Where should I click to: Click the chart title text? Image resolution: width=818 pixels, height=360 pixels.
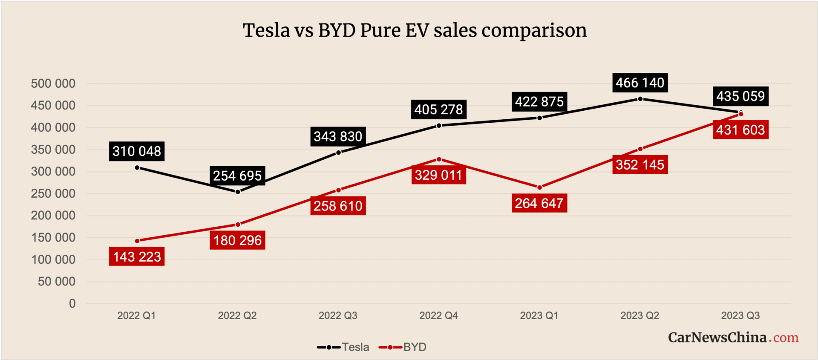pyautogui.click(x=415, y=31)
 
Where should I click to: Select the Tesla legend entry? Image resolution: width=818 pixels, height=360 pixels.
pyautogui.click(x=343, y=347)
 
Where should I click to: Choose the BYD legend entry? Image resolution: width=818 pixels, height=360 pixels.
pyautogui.click(x=403, y=347)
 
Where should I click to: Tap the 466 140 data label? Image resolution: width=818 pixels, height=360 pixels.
pyautogui.click(x=640, y=83)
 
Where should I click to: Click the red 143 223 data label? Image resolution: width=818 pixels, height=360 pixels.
pyautogui.click(x=137, y=257)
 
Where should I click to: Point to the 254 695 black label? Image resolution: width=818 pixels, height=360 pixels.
pyautogui.click(x=237, y=176)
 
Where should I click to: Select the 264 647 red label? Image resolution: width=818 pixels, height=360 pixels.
pyautogui.click(x=539, y=203)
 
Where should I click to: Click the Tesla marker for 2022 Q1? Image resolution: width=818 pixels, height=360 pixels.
pyautogui.click(x=137, y=168)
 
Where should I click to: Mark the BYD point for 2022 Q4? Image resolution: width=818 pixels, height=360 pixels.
pyautogui.click(x=439, y=159)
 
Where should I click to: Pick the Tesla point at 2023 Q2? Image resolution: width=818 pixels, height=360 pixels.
pyautogui.click(x=640, y=99)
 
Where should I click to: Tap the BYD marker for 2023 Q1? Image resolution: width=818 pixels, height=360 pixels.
pyautogui.click(x=539, y=187)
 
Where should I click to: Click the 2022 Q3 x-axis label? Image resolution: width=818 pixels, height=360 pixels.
pyautogui.click(x=338, y=316)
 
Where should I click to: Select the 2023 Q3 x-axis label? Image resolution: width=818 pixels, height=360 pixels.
pyautogui.click(x=740, y=316)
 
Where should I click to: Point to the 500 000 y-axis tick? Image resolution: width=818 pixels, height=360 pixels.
pyautogui.click(x=53, y=84)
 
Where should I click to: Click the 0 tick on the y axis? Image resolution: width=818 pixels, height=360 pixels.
pyautogui.click(x=72, y=304)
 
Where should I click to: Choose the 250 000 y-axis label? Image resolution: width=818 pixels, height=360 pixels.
pyautogui.click(x=53, y=193)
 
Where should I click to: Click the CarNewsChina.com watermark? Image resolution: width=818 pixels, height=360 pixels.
pyautogui.click(x=733, y=337)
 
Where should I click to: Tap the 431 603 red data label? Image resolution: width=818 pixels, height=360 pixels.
pyautogui.click(x=740, y=130)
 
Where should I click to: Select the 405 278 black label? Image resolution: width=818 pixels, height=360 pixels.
pyautogui.click(x=438, y=109)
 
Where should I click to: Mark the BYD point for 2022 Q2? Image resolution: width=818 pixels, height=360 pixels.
pyautogui.click(x=238, y=225)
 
